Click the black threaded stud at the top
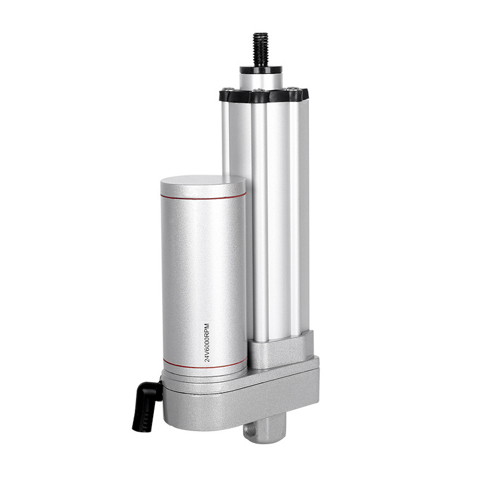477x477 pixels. pos(261,49)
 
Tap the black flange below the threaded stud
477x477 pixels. pos(261,70)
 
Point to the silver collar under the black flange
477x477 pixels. pos(261,81)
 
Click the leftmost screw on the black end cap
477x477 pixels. pos(228,89)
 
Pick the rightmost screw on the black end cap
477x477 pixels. pos(292,89)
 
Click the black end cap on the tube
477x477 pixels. pos(264,95)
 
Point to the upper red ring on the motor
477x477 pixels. pos(203,197)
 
